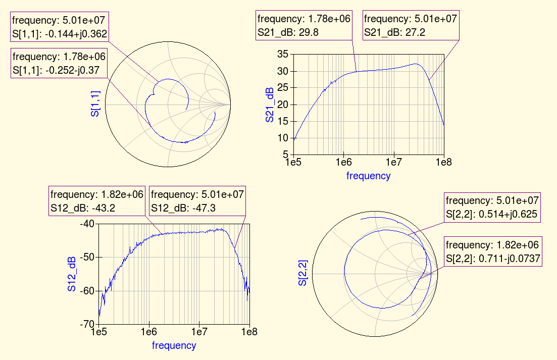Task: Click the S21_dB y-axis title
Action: tap(270, 105)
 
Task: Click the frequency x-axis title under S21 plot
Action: tap(368, 176)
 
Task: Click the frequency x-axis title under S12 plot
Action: tap(174, 345)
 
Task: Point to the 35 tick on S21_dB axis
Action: tap(283, 55)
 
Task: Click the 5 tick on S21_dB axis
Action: tap(285, 155)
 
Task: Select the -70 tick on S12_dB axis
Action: tap(87, 324)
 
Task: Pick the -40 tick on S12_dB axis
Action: tap(87, 224)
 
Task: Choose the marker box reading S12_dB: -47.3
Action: tap(197, 201)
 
